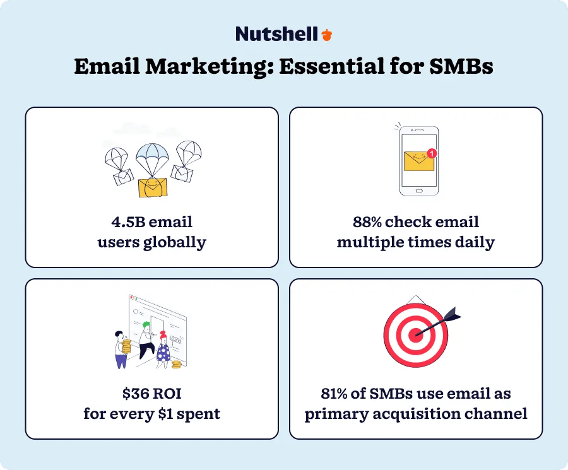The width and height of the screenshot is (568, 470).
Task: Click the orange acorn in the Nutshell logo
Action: (x=326, y=35)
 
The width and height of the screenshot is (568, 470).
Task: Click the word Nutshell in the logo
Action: (x=276, y=34)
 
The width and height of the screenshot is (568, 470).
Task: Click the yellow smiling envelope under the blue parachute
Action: (x=151, y=187)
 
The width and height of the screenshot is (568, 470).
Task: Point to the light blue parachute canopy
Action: (x=151, y=153)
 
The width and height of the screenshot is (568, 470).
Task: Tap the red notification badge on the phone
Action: (x=431, y=153)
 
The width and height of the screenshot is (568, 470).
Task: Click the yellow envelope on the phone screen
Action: (x=419, y=162)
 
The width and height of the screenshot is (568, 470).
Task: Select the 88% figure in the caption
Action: (x=370, y=222)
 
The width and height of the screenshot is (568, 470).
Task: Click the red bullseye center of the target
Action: (x=415, y=334)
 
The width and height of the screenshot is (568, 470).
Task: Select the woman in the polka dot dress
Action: (x=163, y=350)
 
